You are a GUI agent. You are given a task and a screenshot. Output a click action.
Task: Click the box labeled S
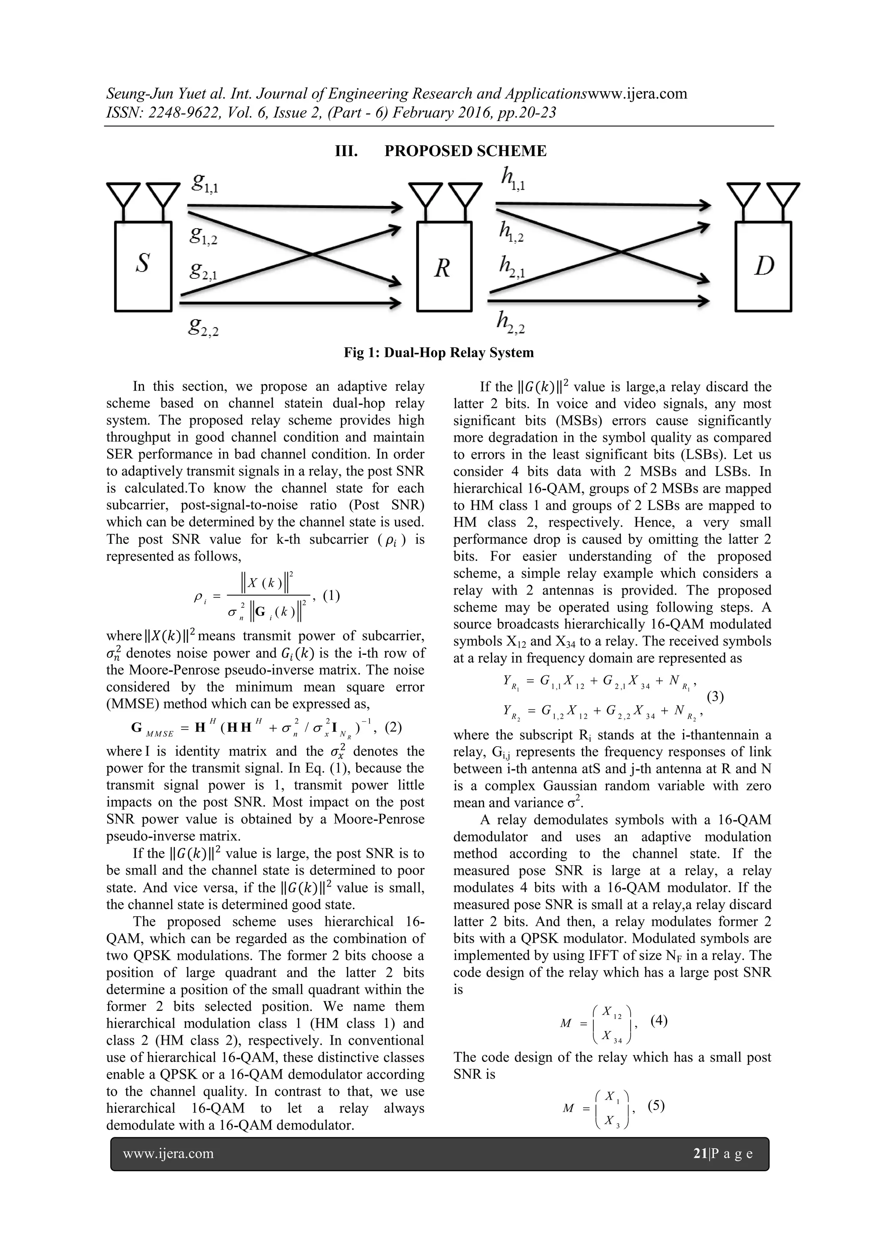pyautogui.click(x=143, y=265)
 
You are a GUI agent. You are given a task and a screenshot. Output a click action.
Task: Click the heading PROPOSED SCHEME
pyautogui.click(x=465, y=151)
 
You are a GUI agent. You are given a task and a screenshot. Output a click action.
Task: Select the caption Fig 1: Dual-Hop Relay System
pyautogui.click(x=439, y=353)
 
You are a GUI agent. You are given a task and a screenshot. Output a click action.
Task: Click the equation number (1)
pyautogui.click(x=331, y=596)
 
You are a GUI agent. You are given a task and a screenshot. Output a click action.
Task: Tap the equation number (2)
pyautogui.click(x=393, y=727)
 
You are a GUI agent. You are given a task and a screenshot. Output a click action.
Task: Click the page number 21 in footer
pyautogui.click(x=700, y=1154)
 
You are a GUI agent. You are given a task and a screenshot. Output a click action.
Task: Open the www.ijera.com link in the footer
pyautogui.click(x=168, y=1154)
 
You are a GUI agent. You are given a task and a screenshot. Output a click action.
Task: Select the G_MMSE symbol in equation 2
pyautogui.click(x=151, y=729)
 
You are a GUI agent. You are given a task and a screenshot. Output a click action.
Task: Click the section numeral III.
pyautogui.click(x=346, y=151)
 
